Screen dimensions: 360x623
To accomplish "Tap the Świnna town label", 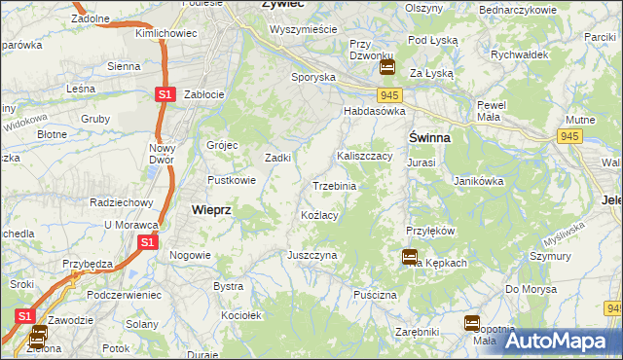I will point(428,137).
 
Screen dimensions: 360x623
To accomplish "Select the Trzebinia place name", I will point(334,186).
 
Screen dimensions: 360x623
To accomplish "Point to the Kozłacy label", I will point(319,215).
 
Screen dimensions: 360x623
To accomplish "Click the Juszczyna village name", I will point(311,255).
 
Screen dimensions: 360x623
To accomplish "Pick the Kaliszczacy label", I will point(364,156).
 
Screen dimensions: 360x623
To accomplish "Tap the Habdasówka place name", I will point(373,112).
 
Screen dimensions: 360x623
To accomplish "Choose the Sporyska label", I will point(313,76).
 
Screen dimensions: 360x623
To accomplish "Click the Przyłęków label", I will point(431,231).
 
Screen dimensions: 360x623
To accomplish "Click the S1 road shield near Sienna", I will point(165,93).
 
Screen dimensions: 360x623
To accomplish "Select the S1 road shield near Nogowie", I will point(146,242).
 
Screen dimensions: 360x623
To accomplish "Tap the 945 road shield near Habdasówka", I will point(391,94).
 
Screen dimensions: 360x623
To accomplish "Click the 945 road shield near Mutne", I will point(569,136).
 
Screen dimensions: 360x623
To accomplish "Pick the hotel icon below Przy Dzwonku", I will point(386,67).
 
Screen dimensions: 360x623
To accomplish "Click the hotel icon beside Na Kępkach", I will point(410,257).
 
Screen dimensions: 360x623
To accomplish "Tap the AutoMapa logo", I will point(559,341).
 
